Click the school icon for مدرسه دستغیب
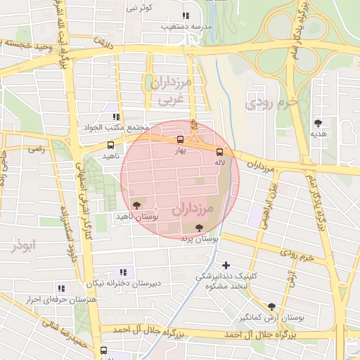click(186, 15)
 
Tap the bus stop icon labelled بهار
click(181, 139)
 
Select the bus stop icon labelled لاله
click(219, 151)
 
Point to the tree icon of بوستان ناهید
click(136, 205)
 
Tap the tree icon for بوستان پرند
click(200, 227)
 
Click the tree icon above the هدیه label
click(319, 122)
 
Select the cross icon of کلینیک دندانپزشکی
click(226, 265)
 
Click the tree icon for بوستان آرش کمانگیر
click(272, 307)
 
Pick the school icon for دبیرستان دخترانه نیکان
click(124, 272)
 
